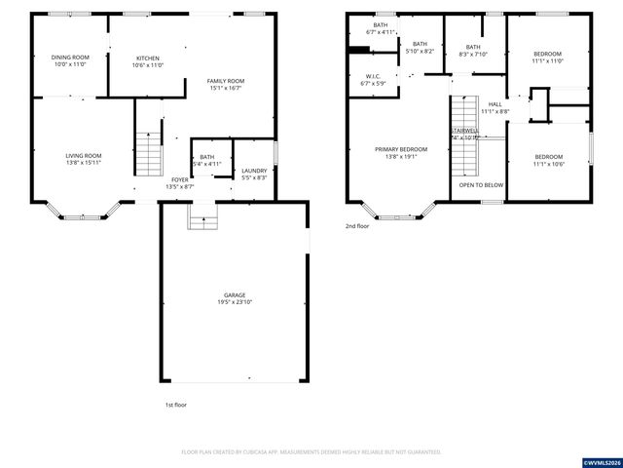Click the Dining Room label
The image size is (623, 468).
(x=70, y=58)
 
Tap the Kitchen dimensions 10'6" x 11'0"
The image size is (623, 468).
(x=148, y=65)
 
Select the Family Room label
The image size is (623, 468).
(x=224, y=81)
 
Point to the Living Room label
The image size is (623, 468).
(x=84, y=155)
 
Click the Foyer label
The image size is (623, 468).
(x=180, y=179)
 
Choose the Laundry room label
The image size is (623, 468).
(x=254, y=170)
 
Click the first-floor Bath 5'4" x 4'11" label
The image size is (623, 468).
(x=207, y=156)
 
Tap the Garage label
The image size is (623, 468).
(x=235, y=294)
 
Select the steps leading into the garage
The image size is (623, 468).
(x=202, y=220)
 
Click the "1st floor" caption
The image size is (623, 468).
(x=175, y=404)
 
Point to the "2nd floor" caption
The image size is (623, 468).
(x=357, y=225)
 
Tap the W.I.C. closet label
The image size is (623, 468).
(x=373, y=76)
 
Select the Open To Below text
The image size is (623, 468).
(x=481, y=184)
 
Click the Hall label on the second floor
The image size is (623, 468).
(x=495, y=104)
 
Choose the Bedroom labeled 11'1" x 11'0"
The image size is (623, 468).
(x=548, y=58)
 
